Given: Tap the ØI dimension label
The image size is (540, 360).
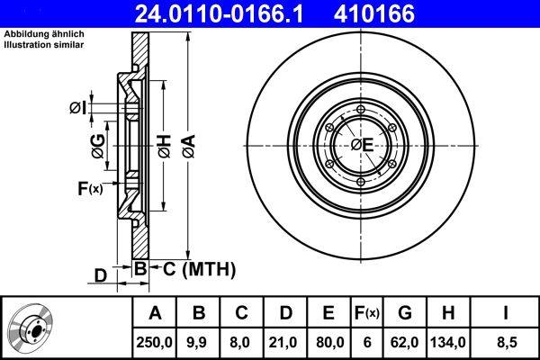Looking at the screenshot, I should [x=78, y=109].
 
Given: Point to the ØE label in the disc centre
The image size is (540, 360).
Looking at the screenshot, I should [x=362, y=145].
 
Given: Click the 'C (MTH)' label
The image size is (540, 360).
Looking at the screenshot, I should [x=198, y=268].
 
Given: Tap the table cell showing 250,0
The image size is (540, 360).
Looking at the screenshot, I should [x=155, y=341].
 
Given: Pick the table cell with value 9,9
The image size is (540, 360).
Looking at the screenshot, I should [x=199, y=341].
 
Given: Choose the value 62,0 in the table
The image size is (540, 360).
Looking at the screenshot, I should [x=406, y=341].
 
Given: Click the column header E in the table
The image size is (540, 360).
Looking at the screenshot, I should [x=328, y=313].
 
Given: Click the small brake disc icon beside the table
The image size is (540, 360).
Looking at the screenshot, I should [x=33, y=328].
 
